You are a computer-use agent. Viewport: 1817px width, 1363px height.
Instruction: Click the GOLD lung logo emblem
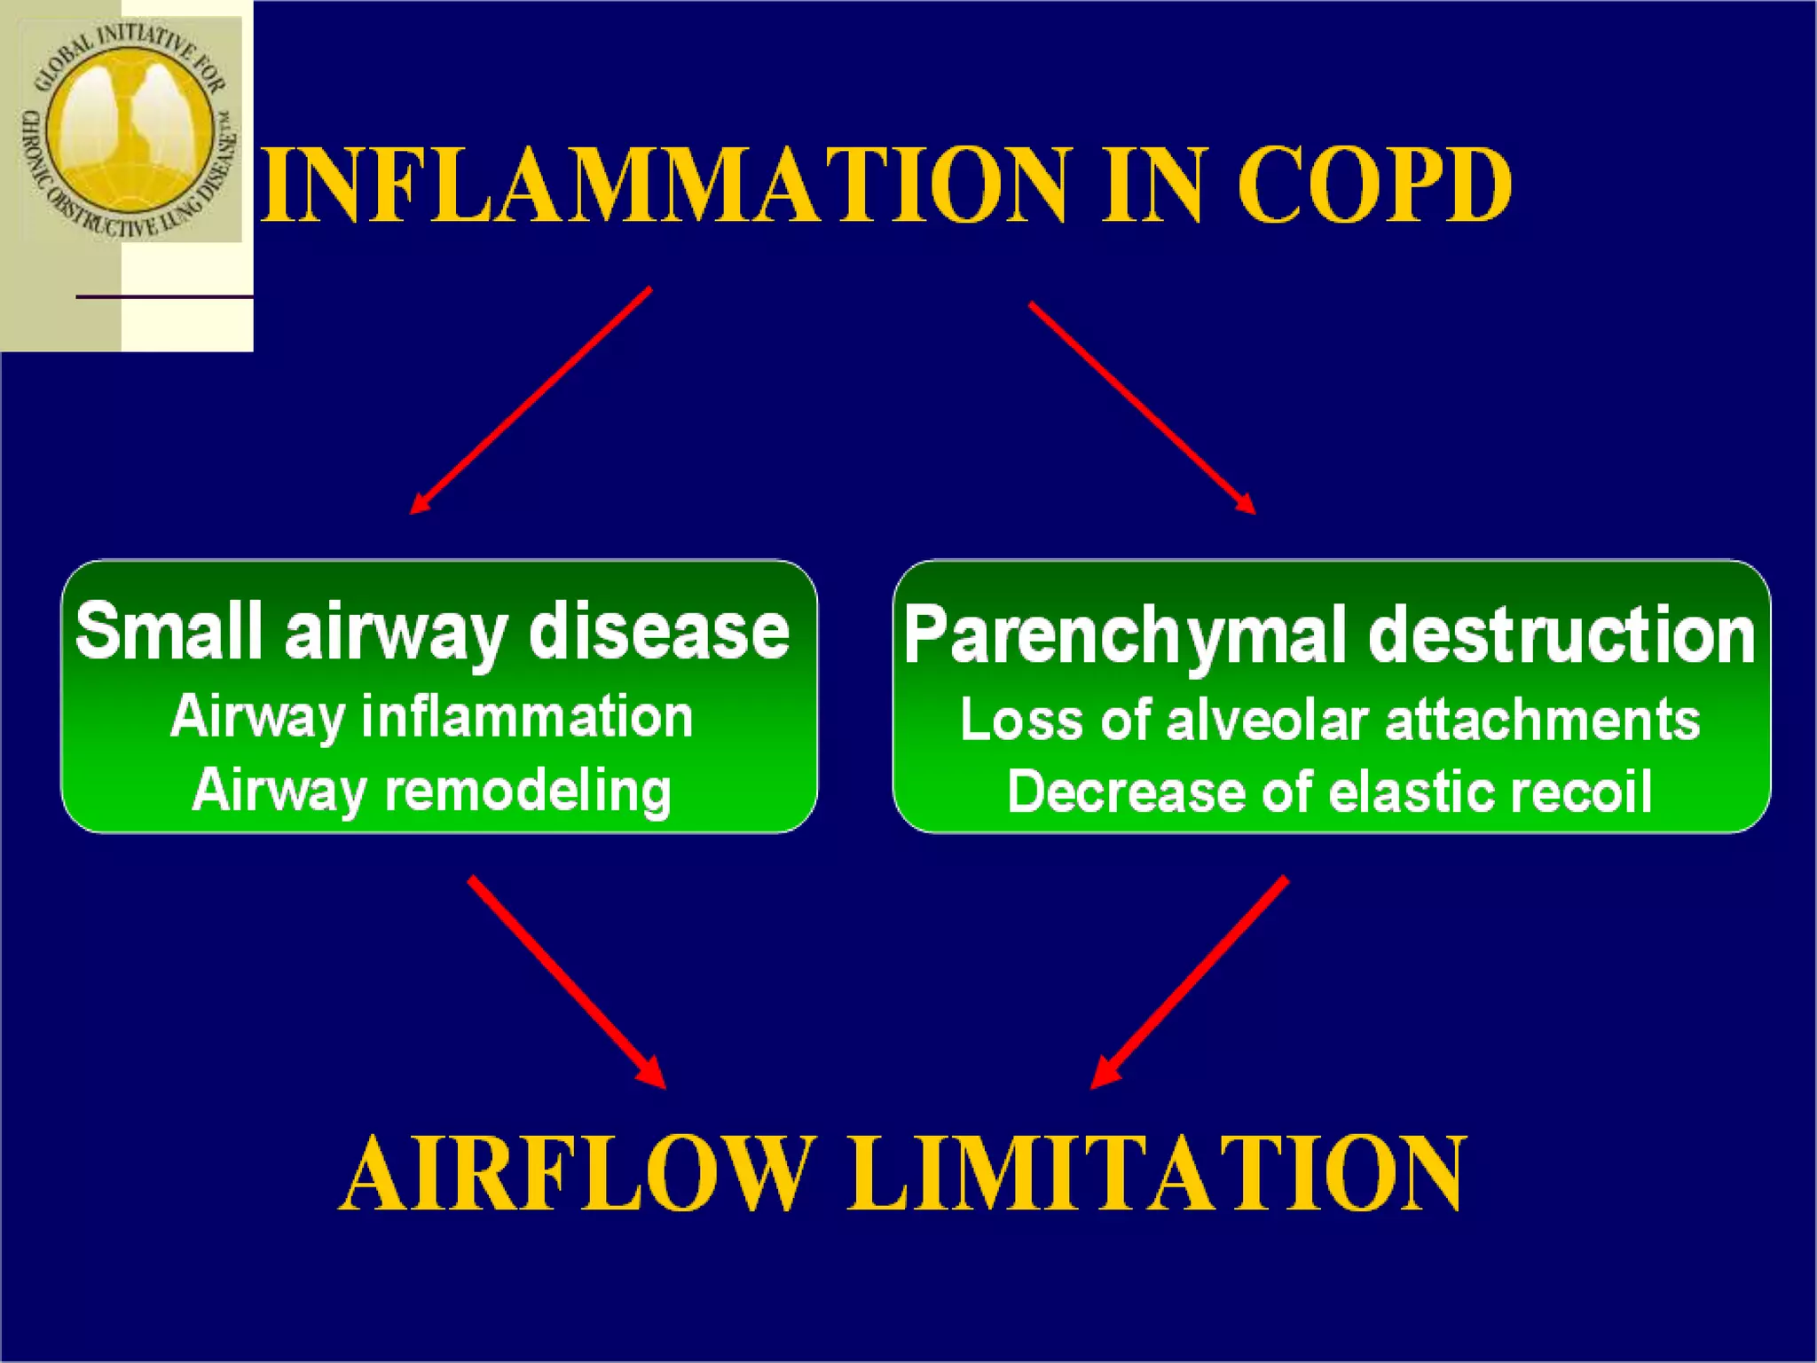[130, 129]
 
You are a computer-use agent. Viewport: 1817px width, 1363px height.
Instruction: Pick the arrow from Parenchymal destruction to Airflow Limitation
[1189, 981]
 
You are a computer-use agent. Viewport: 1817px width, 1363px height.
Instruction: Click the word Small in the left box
[169, 631]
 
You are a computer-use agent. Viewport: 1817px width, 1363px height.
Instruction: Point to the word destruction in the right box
[1561, 635]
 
